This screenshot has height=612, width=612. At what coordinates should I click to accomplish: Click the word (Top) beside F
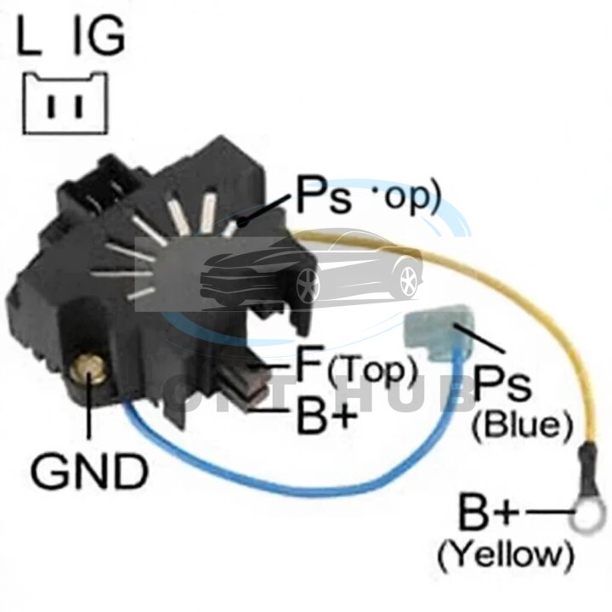[371, 370]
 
